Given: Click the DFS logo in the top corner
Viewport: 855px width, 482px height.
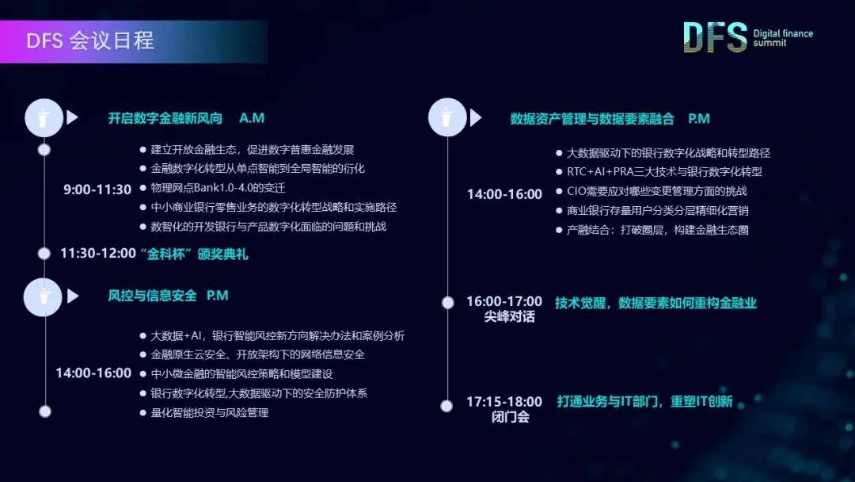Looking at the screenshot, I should [x=715, y=37].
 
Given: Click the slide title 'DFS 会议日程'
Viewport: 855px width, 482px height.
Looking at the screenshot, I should [x=89, y=41].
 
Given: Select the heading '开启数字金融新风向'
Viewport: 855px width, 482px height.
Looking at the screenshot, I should [x=165, y=118].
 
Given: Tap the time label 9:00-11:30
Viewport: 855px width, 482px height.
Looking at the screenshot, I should [x=97, y=189].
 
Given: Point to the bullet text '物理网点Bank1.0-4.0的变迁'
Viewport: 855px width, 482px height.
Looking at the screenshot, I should [x=218, y=188].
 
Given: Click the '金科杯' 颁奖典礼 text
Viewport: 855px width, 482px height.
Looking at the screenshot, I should [x=194, y=254].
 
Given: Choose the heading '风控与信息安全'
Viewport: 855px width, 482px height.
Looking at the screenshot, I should [x=152, y=296].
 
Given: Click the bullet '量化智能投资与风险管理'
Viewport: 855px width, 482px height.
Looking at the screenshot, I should [x=210, y=412].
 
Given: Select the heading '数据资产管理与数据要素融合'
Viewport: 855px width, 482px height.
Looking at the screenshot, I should [x=592, y=119].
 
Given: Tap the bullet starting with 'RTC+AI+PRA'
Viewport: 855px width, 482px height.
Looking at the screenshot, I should [x=664, y=171].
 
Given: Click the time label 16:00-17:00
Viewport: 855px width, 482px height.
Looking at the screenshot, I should [x=504, y=301].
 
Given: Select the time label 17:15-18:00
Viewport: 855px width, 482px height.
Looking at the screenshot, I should [x=504, y=402].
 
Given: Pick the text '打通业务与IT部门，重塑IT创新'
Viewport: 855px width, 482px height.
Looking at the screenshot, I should [x=644, y=401].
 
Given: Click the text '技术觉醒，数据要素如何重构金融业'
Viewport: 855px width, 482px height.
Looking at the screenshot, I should [x=655, y=303].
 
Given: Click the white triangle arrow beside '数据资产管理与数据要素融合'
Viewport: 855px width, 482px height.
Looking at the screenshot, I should [x=475, y=118].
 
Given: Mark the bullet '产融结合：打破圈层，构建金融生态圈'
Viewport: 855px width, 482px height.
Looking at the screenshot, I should [x=658, y=230].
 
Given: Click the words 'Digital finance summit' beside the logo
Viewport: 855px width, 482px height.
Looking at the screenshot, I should [x=783, y=38].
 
